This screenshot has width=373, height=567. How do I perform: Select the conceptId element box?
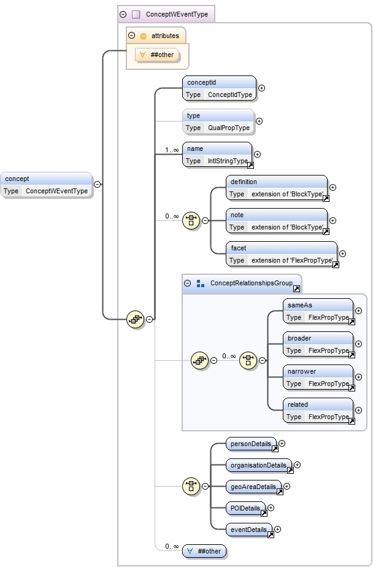[x=219, y=88]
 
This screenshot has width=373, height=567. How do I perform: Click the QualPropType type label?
[x=228, y=128]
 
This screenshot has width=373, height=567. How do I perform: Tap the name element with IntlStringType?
[x=217, y=155]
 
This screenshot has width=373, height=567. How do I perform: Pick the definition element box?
[x=277, y=188]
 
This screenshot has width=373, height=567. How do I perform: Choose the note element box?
[x=277, y=221]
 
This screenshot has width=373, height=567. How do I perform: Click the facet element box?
[x=282, y=254]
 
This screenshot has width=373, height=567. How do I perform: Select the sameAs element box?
[x=318, y=311]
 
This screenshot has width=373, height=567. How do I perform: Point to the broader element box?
[x=318, y=344]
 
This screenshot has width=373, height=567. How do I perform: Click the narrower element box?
[x=318, y=377]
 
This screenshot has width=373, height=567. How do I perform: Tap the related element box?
[x=318, y=411]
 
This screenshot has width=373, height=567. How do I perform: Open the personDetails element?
[x=251, y=444]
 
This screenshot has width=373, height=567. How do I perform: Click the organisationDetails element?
[x=259, y=465]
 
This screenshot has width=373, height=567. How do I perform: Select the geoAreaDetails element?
[x=253, y=487]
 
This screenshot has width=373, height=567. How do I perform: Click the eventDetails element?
[x=249, y=530]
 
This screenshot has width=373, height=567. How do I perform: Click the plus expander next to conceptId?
[x=262, y=88]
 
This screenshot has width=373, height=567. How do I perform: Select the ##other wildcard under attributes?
[x=161, y=55]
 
